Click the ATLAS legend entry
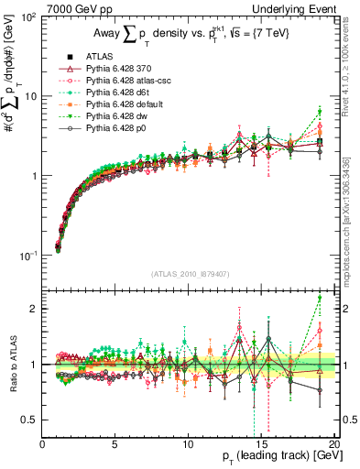pos(97,56)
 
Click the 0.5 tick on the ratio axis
pos(30,420)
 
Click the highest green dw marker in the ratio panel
pos(319,298)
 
